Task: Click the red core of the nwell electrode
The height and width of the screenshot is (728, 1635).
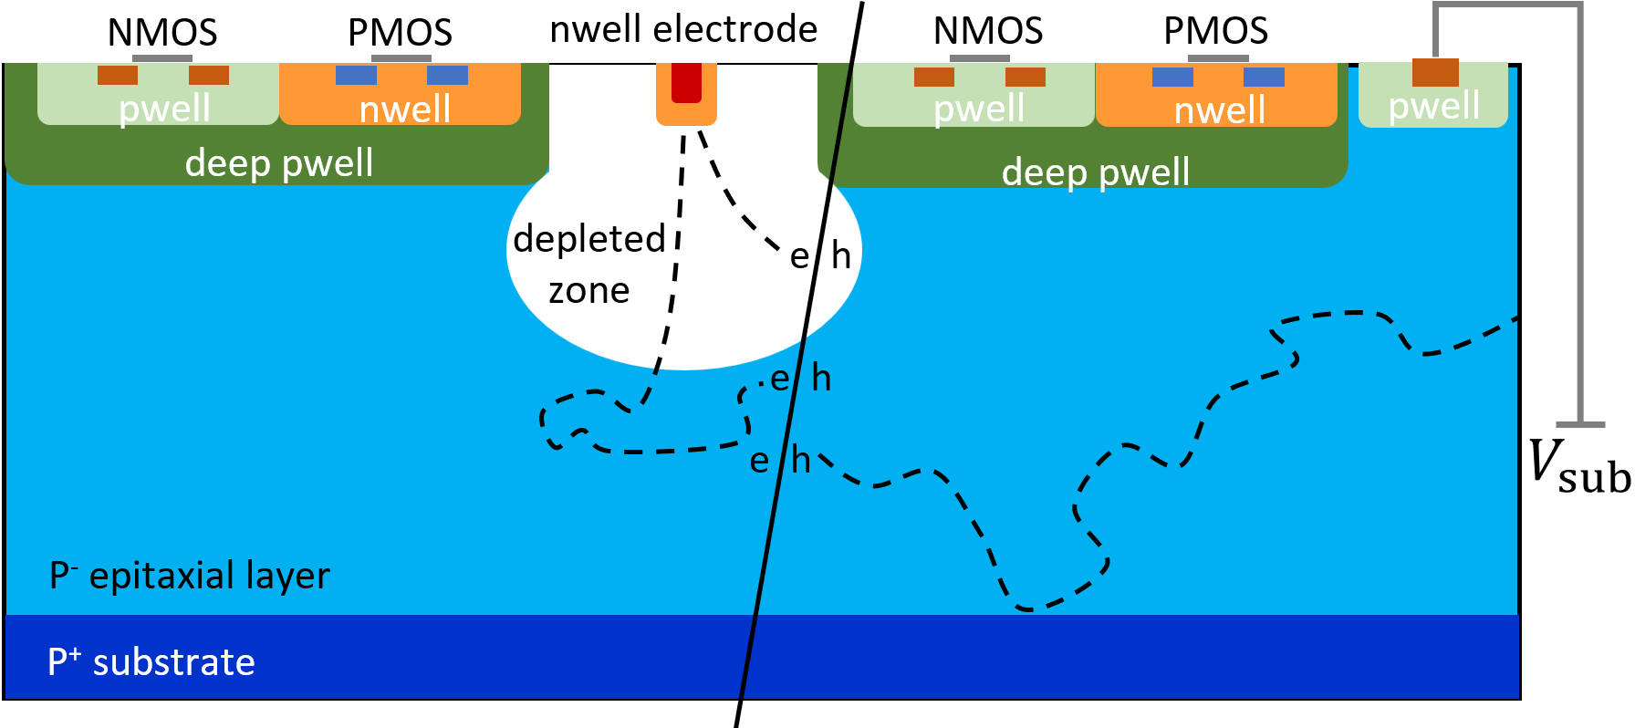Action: click(x=686, y=82)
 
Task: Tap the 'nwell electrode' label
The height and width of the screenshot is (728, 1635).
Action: click(x=683, y=30)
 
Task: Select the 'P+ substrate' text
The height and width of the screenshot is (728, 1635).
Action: click(x=151, y=662)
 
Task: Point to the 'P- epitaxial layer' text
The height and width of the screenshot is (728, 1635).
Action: click(x=190, y=577)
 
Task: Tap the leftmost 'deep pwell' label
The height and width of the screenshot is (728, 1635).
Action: click(x=278, y=163)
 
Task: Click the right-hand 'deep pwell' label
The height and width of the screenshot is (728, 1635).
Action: click(x=1095, y=172)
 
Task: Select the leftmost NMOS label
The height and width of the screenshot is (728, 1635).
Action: click(x=162, y=33)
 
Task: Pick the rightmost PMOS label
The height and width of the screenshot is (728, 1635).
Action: click(x=1215, y=31)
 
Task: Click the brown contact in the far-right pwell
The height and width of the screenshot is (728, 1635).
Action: click(x=1435, y=72)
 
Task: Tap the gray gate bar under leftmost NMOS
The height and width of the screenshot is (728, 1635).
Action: click(x=162, y=58)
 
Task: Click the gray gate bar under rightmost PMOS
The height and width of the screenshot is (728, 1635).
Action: click(x=1218, y=58)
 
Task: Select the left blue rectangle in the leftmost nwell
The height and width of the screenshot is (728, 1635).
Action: click(x=356, y=75)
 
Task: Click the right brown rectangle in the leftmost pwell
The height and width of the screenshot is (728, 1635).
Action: click(x=209, y=75)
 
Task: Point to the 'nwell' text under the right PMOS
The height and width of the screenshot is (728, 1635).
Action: click(x=1219, y=110)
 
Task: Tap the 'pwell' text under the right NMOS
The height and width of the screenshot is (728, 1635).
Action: click(x=979, y=109)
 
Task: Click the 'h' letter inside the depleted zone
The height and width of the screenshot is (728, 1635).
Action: click(x=841, y=256)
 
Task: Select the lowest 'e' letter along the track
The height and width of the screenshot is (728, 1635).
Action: click(x=759, y=462)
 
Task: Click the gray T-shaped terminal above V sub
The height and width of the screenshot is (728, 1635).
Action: click(x=1580, y=423)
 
